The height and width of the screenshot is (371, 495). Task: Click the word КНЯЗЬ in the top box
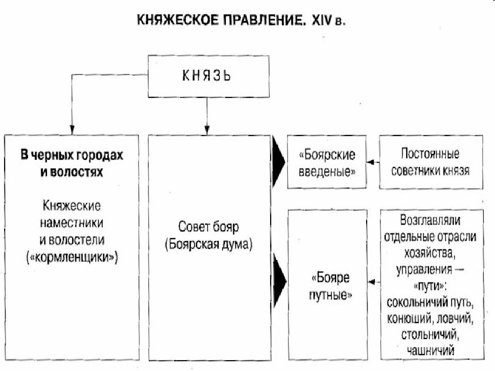pos(207,76)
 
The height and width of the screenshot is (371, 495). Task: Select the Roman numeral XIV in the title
pos(322,20)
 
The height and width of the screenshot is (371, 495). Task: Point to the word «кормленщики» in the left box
pos(72,257)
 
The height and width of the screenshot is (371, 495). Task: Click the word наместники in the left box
pos(72,223)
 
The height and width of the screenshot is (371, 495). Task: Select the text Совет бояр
pos(208,227)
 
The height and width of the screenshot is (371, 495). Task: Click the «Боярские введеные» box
pos(327,162)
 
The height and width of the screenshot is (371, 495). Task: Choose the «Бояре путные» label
pos(330,286)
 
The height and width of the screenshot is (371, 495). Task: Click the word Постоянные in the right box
pos(430,154)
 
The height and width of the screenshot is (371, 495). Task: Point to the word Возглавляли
pos(430,220)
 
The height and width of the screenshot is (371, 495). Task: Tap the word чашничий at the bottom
pos(430,350)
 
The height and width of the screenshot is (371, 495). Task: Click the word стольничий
pos(430,334)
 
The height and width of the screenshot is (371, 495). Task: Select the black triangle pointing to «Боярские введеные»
pos(278,162)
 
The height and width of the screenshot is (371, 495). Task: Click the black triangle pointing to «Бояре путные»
pos(279,281)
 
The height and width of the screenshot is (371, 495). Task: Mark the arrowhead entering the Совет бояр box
pos(207,130)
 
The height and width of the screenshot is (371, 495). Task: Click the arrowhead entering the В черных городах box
pos(72,130)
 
